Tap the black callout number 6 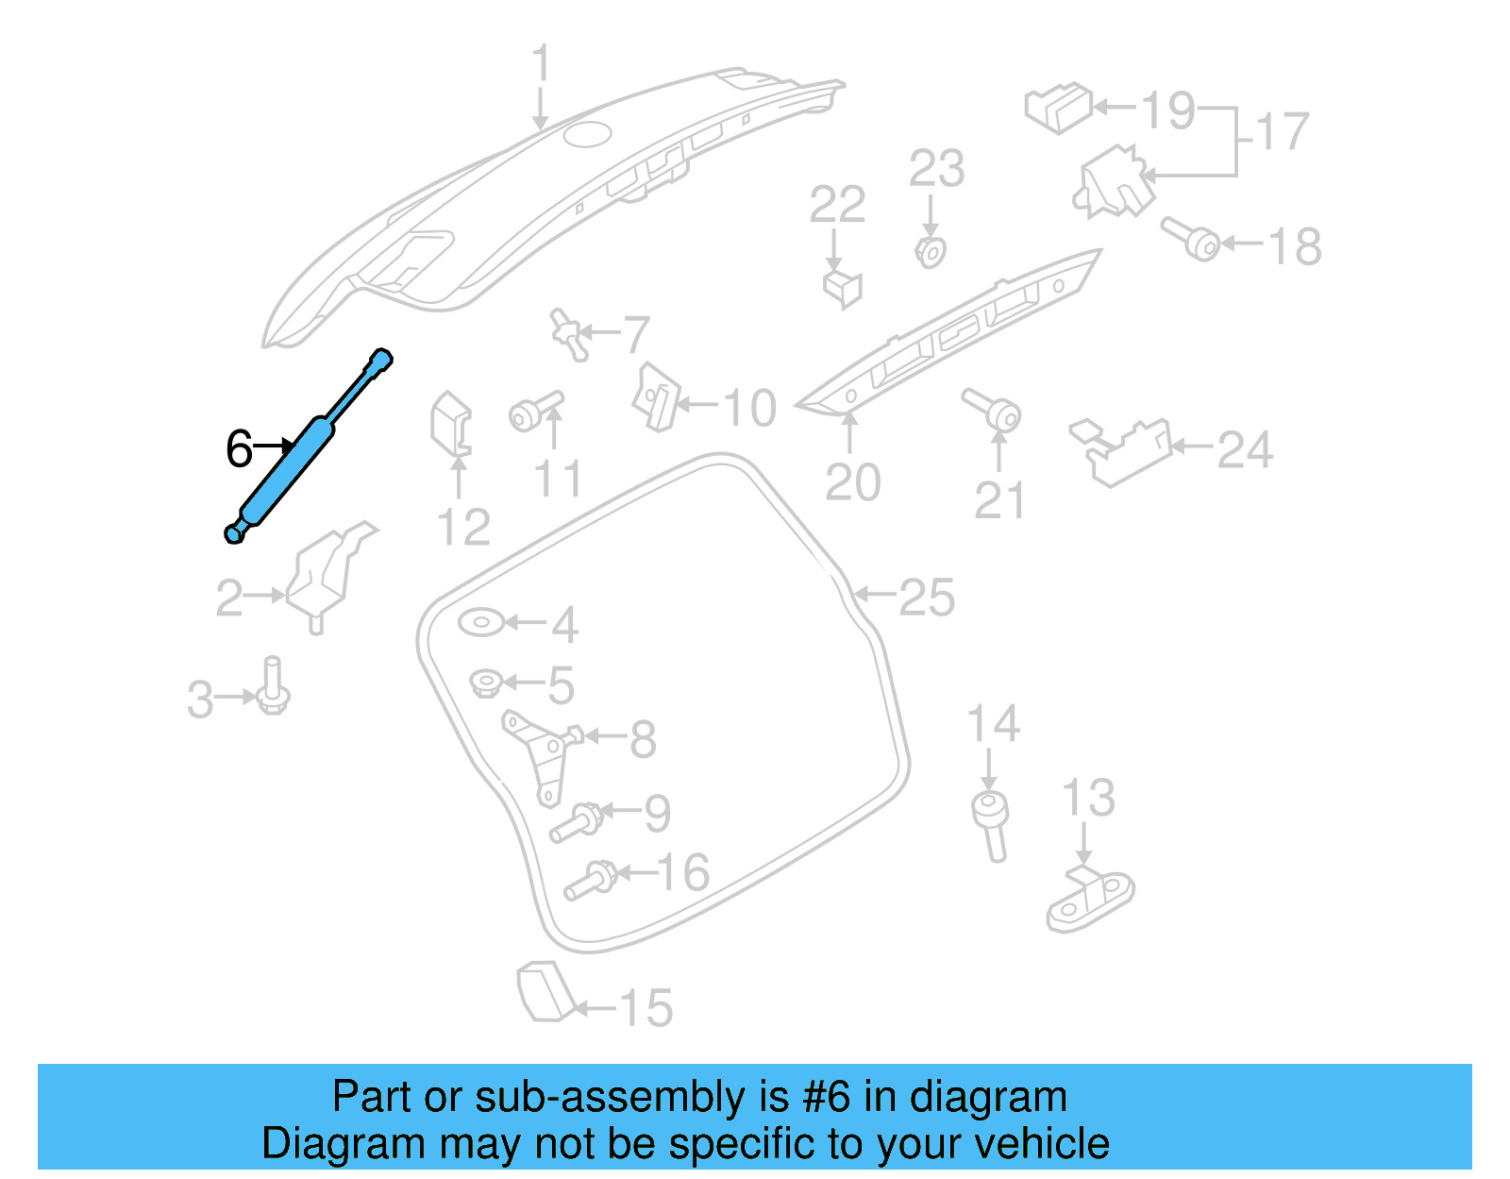click(x=239, y=448)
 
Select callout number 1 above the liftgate click(x=540, y=63)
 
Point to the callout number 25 click(x=927, y=597)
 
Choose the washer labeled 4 click(x=481, y=623)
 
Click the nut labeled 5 click(x=485, y=682)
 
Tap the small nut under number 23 click(x=931, y=252)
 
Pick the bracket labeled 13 click(x=1090, y=899)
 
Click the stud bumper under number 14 click(x=991, y=824)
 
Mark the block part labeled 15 click(x=545, y=991)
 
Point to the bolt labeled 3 click(x=273, y=688)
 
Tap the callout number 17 click(x=1282, y=131)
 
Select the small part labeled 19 click(x=1058, y=108)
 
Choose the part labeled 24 click(x=1121, y=450)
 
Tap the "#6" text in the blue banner click(x=826, y=1097)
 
